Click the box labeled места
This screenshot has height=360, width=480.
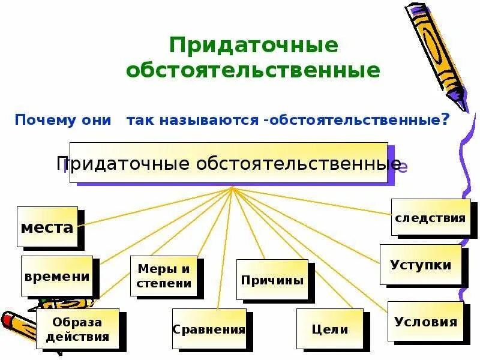pos(47,227)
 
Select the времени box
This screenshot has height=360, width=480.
pos(57,276)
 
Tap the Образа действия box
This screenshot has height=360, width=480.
pos(77,329)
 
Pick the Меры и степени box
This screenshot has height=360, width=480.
pos(163,276)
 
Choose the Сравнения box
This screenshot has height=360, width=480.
pos(209,329)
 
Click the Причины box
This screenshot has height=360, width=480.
pos(272,280)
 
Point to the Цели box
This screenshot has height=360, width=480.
pos(329,329)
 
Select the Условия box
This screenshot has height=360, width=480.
pos(425,322)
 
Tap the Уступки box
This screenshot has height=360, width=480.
pos(421,265)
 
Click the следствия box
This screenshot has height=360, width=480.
pos(430,217)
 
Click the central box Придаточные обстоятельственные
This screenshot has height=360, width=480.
pos(229,163)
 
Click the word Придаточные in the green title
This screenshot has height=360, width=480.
pos(253,45)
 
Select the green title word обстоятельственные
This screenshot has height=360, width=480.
pos(253,71)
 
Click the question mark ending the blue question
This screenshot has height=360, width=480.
pos(445,119)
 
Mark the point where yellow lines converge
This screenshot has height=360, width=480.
pos(232,188)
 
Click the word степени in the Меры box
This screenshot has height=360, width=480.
pos(164,283)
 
